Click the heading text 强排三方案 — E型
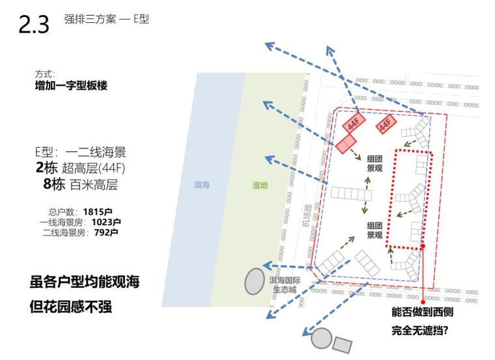106,20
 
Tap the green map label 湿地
260,186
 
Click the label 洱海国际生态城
286,285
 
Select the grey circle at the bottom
320,339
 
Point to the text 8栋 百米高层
80,184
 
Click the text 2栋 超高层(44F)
80,168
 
